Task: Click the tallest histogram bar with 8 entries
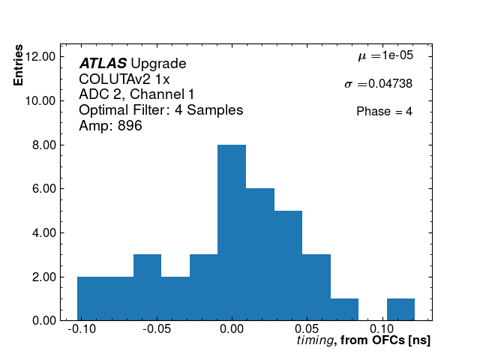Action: click(x=232, y=232)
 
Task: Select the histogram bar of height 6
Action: click(x=259, y=254)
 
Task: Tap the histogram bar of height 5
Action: click(x=288, y=265)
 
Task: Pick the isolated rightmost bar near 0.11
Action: click(x=400, y=310)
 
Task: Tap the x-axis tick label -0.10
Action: click(x=80, y=328)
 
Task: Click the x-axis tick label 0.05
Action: click(x=306, y=328)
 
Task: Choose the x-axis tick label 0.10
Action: click(x=382, y=328)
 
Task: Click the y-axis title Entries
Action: click(x=19, y=68)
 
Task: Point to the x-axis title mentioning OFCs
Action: click(x=364, y=340)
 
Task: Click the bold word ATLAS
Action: click(x=103, y=64)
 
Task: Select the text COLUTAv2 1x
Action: click(x=124, y=79)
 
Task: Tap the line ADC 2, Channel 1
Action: click(x=136, y=94)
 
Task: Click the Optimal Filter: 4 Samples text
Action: click(x=160, y=110)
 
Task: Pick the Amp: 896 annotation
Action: click(x=110, y=126)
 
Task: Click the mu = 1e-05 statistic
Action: click(x=385, y=56)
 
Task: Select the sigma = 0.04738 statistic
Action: click(x=378, y=84)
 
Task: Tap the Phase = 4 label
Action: click(x=384, y=112)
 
